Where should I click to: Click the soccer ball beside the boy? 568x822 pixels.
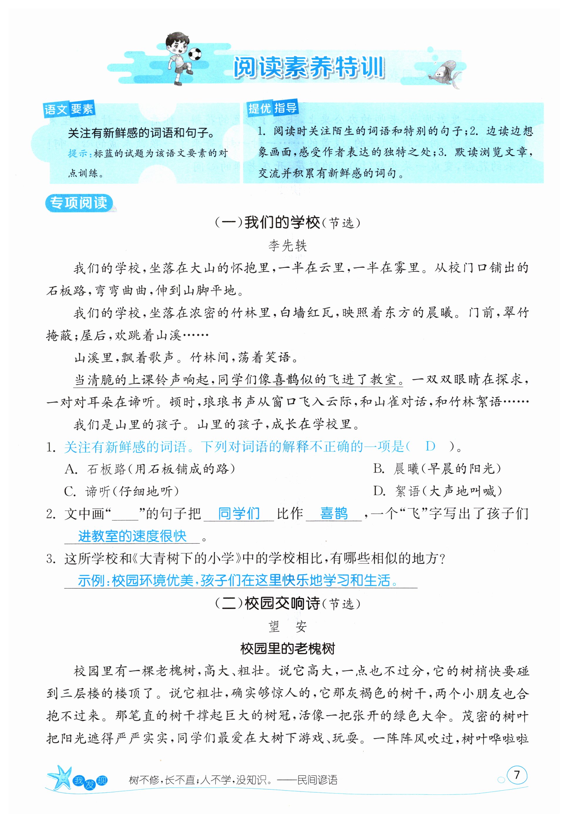195,54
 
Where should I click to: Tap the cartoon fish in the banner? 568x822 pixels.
445,72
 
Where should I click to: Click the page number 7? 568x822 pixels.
517,774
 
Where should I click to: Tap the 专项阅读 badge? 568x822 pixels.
79,203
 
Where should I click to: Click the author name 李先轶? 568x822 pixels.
287,245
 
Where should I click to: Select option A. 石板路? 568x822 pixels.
149,469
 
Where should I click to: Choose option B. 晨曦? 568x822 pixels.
437,469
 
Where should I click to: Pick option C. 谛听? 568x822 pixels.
121,491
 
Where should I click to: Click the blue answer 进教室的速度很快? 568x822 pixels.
132,536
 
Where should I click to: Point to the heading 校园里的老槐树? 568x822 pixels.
288,648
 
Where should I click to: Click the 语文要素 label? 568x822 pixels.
69,109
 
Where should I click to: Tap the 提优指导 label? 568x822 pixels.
272,107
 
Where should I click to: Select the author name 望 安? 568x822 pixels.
287,626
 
